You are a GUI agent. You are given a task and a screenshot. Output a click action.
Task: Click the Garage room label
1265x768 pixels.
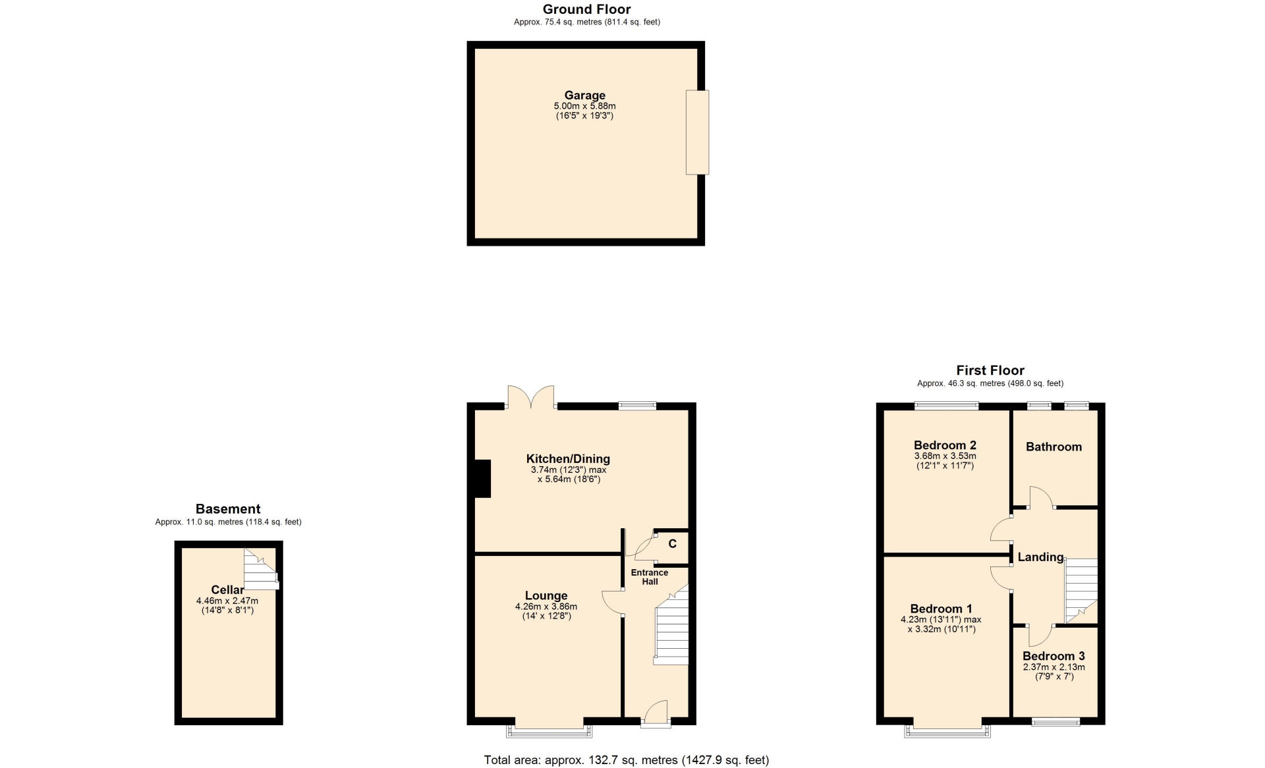(x=584, y=96)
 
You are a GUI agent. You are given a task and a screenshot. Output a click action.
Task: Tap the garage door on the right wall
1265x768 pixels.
(x=697, y=132)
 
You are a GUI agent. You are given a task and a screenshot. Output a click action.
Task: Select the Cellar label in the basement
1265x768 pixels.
(x=227, y=590)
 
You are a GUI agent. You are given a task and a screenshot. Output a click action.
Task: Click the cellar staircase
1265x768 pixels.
(x=261, y=568)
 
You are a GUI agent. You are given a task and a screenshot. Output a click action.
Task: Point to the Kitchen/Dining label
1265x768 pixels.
(x=568, y=459)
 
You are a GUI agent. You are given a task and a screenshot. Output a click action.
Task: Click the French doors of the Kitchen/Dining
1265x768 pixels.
(x=531, y=398)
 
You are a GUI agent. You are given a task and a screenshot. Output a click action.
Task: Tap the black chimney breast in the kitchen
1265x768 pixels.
(x=483, y=478)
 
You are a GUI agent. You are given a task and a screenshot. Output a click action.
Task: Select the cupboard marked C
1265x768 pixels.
(x=671, y=547)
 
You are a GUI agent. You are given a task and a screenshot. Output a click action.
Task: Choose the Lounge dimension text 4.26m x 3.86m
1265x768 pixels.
(x=546, y=607)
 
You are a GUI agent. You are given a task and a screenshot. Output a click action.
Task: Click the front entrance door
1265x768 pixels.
(x=656, y=714)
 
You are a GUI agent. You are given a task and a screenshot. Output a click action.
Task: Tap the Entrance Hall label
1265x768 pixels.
(x=650, y=577)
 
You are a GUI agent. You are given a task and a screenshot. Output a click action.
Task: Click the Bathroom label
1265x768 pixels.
(x=1054, y=447)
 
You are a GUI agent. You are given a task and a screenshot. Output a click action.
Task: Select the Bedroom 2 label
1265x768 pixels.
(x=945, y=445)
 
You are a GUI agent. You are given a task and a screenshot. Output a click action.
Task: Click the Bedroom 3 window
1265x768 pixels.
(x=1055, y=722)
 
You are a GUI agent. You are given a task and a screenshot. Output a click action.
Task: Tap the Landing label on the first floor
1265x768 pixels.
(x=1040, y=557)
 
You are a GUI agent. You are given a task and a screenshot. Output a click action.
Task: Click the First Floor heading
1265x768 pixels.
(x=990, y=370)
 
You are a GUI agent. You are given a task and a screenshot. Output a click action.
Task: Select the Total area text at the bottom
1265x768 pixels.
(x=627, y=760)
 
